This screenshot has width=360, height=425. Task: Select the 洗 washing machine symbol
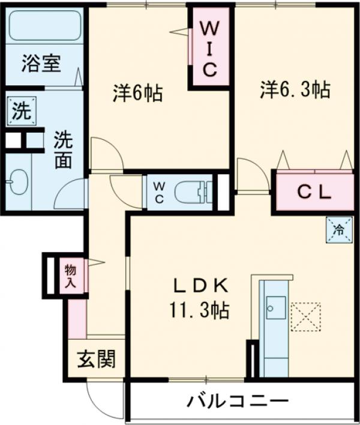coord(20,111)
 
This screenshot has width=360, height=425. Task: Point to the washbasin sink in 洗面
coord(19,180)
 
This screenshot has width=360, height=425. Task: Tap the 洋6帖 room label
coord(137,94)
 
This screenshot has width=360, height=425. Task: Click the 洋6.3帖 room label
coord(295,90)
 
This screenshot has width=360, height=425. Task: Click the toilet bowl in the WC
coord(191,192)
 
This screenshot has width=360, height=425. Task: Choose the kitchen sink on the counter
coord(275,309)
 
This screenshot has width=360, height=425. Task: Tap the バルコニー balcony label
coord(236,400)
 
